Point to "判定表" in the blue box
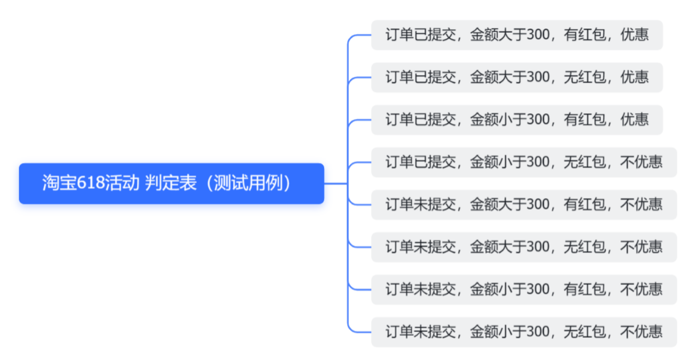(171, 184)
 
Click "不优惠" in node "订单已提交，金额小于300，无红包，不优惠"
(641, 162)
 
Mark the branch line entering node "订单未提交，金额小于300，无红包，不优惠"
(359, 332)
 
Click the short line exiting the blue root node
(335, 184)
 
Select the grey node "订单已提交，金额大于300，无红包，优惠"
(516, 77)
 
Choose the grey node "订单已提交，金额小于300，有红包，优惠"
(516, 120)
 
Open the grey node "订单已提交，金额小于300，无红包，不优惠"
(524, 162)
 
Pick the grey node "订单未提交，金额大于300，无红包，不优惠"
(524, 247)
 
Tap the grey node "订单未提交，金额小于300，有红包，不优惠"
(524, 289)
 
